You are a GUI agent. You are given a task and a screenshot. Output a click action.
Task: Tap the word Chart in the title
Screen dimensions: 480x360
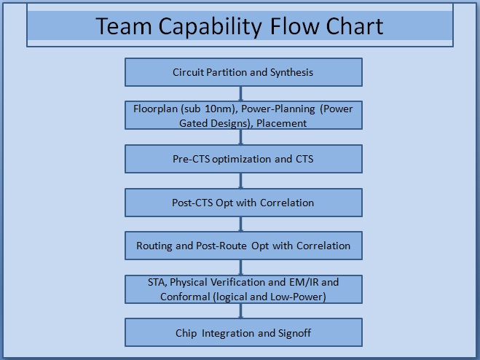355,26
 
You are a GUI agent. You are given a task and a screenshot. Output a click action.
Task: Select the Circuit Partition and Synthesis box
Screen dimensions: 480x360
243,72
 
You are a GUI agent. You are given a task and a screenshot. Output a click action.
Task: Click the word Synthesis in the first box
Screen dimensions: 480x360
291,73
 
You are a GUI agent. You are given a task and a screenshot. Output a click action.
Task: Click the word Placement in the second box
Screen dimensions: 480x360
281,123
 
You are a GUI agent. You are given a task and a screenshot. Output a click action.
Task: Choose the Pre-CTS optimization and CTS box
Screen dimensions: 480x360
243,159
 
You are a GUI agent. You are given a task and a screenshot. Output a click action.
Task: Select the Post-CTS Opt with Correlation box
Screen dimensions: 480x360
243,203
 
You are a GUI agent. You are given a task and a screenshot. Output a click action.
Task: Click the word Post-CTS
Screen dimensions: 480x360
192,203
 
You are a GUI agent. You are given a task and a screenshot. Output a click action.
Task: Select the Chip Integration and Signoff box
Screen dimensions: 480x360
243,332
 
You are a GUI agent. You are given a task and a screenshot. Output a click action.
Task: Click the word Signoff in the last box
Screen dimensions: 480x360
294,333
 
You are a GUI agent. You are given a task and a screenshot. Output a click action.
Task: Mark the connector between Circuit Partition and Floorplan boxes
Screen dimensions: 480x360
240,94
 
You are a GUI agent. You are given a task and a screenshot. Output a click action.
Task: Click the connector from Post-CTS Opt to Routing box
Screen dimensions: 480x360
240,224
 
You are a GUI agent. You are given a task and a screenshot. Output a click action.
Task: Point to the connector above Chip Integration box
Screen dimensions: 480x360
240,311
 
